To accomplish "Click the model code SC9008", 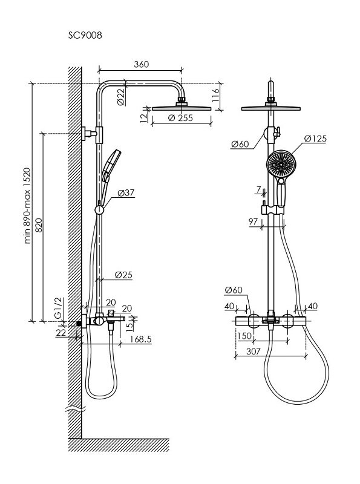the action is click(85, 36).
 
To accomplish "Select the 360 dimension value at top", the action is click(142, 64).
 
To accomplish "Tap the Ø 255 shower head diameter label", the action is click(181, 117).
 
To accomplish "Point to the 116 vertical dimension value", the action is click(216, 95).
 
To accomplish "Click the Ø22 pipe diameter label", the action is click(122, 97).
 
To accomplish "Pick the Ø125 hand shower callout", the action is click(315, 139).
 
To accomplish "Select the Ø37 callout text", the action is click(126, 193).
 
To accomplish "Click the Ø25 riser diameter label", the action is click(123, 275).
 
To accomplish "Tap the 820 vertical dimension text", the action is click(39, 225).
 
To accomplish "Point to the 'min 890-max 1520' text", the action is click(28, 206).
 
